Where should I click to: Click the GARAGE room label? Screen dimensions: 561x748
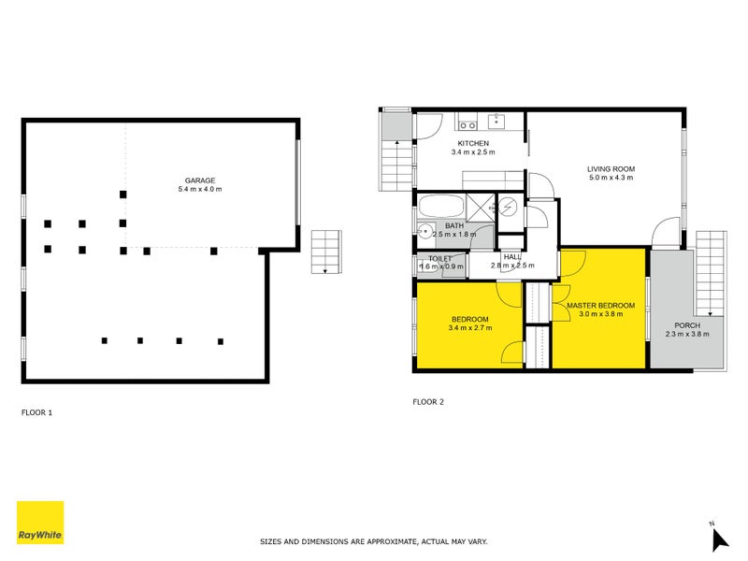click(200, 180)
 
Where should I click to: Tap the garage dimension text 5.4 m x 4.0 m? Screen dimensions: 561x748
click(200, 189)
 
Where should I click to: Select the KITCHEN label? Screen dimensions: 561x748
click(472, 143)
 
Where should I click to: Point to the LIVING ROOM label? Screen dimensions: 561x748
click(611, 169)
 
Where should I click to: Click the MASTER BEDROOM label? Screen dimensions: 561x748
click(600, 306)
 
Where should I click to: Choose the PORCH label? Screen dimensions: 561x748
click(687, 324)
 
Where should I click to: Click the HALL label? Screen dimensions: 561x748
click(512, 256)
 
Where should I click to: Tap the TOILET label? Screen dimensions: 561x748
click(440, 258)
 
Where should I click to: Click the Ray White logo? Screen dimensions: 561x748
click(40, 523)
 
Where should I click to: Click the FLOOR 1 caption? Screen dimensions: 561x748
click(37, 411)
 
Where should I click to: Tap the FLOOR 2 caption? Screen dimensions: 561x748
click(428, 402)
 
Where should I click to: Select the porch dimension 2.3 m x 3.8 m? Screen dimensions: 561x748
click(687, 334)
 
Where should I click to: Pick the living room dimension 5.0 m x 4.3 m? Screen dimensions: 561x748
click(611, 179)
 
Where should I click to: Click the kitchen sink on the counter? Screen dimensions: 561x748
click(497, 121)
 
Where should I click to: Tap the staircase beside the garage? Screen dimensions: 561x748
click(324, 251)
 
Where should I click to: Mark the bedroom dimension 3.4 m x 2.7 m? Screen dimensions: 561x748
click(468, 328)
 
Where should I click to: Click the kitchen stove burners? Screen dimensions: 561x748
click(467, 122)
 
